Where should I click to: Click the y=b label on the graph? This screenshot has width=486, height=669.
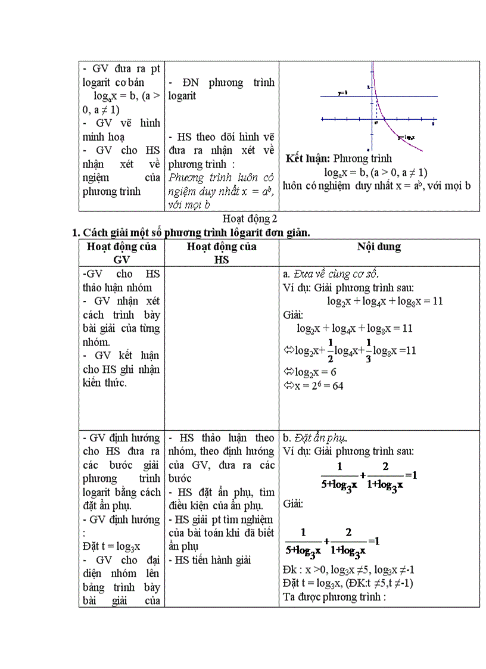pyautogui.click(x=342, y=93)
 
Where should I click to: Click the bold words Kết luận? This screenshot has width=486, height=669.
pyautogui.click(x=308, y=158)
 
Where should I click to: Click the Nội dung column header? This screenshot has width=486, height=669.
pyautogui.click(x=379, y=247)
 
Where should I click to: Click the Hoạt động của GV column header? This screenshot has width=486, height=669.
pyautogui.click(x=121, y=253)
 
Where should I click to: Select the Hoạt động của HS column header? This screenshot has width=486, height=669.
pyautogui.click(x=222, y=253)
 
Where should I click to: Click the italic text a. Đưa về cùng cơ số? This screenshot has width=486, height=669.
pyautogui.click(x=331, y=274)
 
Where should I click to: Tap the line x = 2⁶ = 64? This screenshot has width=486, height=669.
pyautogui.click(x=313, y=385)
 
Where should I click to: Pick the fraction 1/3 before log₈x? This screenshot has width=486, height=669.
pyautogui.click(x=368, y=350)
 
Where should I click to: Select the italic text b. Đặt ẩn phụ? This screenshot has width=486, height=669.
pyautogui.click(x=315, y=438)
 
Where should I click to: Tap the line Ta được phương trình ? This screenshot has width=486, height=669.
pyautogui.click(x=335, y=596)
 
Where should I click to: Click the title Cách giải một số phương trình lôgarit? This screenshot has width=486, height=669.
pyautogui.click(x=191, y=232)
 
